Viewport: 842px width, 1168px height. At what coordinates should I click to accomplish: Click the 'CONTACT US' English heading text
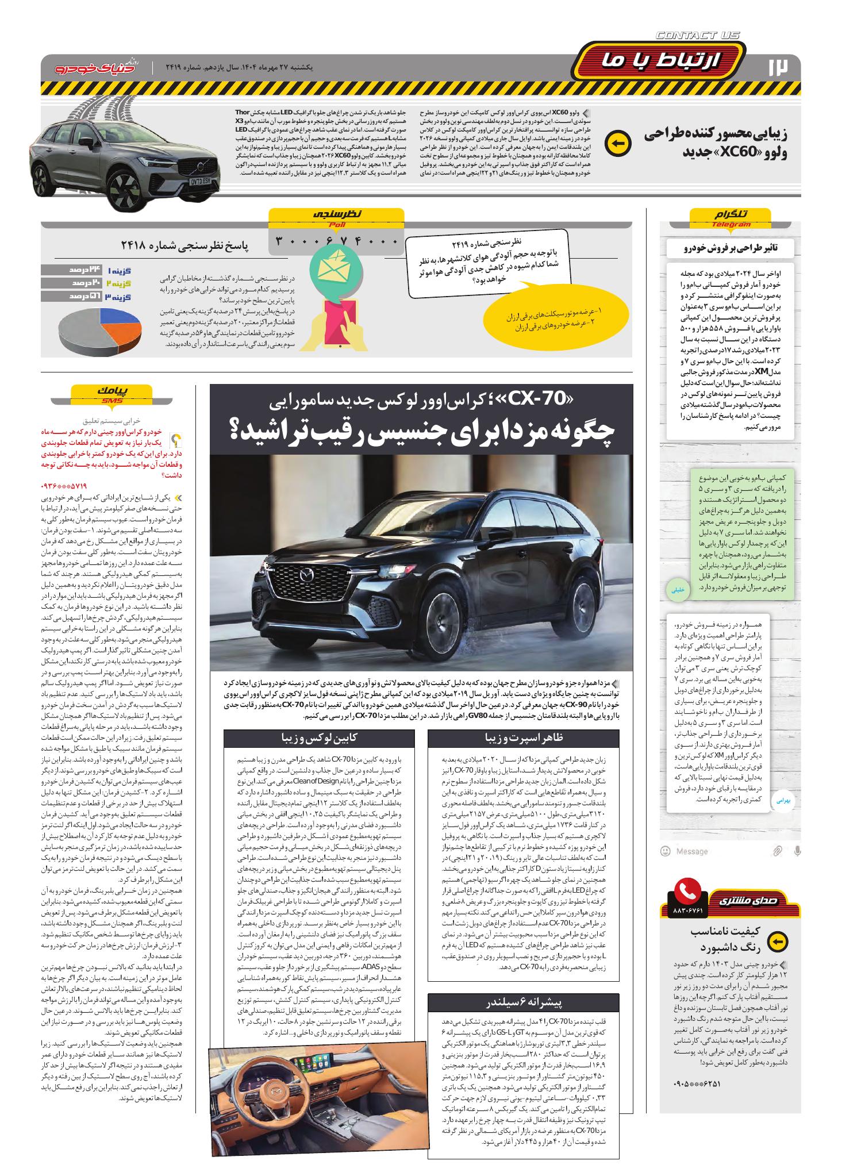698,36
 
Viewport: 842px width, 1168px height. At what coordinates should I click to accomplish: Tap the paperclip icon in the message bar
777,851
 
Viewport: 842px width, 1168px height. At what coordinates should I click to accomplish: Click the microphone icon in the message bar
796,851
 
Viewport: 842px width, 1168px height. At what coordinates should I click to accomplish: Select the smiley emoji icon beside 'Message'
666,851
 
